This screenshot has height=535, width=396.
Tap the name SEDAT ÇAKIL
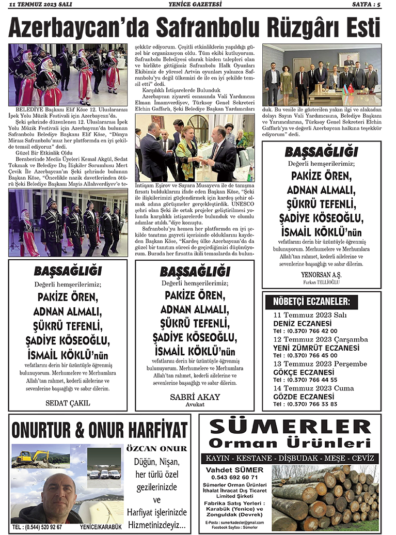click(68, 402)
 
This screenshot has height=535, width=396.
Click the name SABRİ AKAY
click(195, 397)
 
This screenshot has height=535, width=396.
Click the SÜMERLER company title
click(290, 428)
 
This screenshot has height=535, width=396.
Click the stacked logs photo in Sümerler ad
click(325, 497)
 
